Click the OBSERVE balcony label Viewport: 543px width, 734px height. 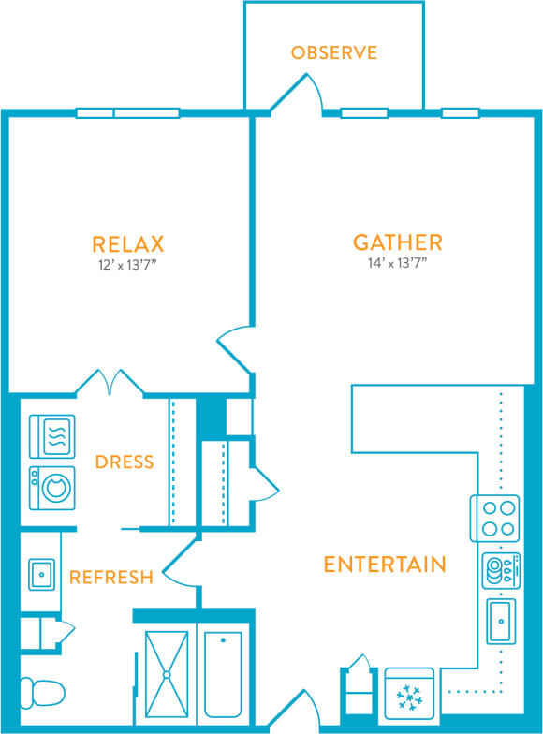(x=334, y=52)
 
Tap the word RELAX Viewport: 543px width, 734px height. (x=128, y=244)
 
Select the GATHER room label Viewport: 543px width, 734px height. (x=397, y=242)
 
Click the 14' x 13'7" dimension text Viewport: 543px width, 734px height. (x=397, y=263)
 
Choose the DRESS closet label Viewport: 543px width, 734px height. (x=125, y=462)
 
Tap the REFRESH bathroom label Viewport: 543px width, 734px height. (x=110, y=577)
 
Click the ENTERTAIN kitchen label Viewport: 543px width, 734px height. (x=384, y=564)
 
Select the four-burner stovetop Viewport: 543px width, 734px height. (x=494, y=518)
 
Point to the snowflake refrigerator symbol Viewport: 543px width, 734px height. (x=409, y=696)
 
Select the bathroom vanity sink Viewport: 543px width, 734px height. (x=41, y=574)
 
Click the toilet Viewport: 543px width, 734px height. (x=42, y=694)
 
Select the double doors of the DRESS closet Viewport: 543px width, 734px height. (x=110, y=380)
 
